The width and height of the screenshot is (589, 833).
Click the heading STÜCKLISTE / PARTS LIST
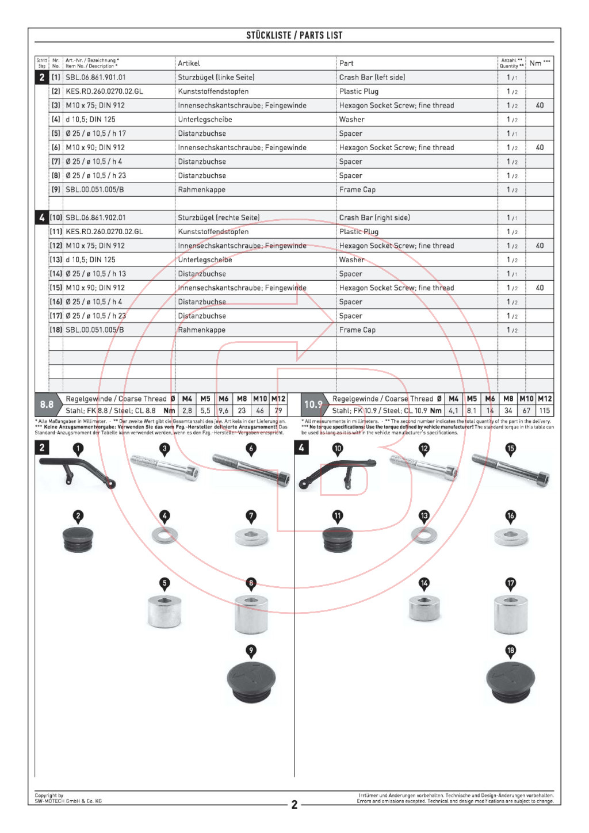(294, 36)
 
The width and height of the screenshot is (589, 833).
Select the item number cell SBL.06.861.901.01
(95, 77)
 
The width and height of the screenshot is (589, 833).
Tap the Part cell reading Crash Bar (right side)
(374, 217)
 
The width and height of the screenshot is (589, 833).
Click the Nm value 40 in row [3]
(540, 105)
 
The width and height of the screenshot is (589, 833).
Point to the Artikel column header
(189, 63)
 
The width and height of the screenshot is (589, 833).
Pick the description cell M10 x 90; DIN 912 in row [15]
(95, 288)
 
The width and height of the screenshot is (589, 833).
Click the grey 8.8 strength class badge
(47, 404)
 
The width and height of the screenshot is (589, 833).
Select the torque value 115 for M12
(544, 411)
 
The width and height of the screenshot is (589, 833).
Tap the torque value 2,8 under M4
(187, 411)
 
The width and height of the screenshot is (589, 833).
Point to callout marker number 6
(251, 449)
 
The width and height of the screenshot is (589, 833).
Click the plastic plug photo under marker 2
(78, 538)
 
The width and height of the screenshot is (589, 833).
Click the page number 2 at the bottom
(294, 804)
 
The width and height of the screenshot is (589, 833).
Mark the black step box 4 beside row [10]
(42, 217)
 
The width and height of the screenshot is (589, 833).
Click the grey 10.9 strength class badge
(313, 404)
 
